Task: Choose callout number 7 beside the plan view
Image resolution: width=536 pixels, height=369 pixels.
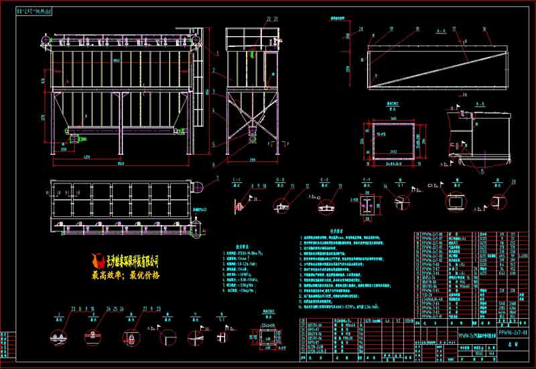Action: [216, 177]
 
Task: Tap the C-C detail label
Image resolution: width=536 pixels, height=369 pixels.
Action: [236, 180]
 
